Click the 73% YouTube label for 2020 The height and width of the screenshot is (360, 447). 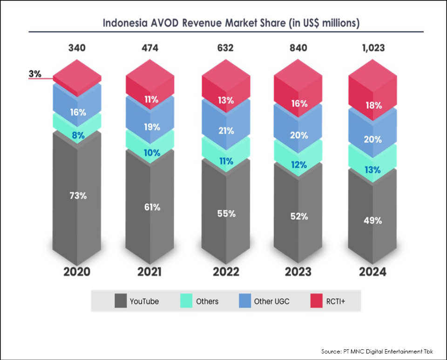pos(77,196)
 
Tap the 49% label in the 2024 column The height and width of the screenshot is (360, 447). pos(372,221)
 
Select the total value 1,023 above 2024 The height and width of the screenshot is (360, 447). pos(372,48)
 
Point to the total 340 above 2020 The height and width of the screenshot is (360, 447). pos(77,48)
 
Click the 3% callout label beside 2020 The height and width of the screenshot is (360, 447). pos(35,74)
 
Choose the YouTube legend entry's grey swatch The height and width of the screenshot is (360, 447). pos(120,301)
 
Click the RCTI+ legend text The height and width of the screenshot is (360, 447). pos(336,301)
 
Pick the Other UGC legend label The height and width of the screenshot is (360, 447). pos(271,301)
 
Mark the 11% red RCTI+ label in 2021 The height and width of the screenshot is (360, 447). pos(151,99)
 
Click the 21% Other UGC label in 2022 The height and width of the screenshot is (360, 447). pos(226,131)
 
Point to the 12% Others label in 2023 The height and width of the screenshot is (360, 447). pos(299,165)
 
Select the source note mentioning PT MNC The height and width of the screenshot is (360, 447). pos(377,351)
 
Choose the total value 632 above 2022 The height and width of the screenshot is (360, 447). pos(225,48)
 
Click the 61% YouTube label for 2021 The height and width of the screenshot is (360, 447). pos(151,207)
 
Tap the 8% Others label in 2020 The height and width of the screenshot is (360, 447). pos(77,136)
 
